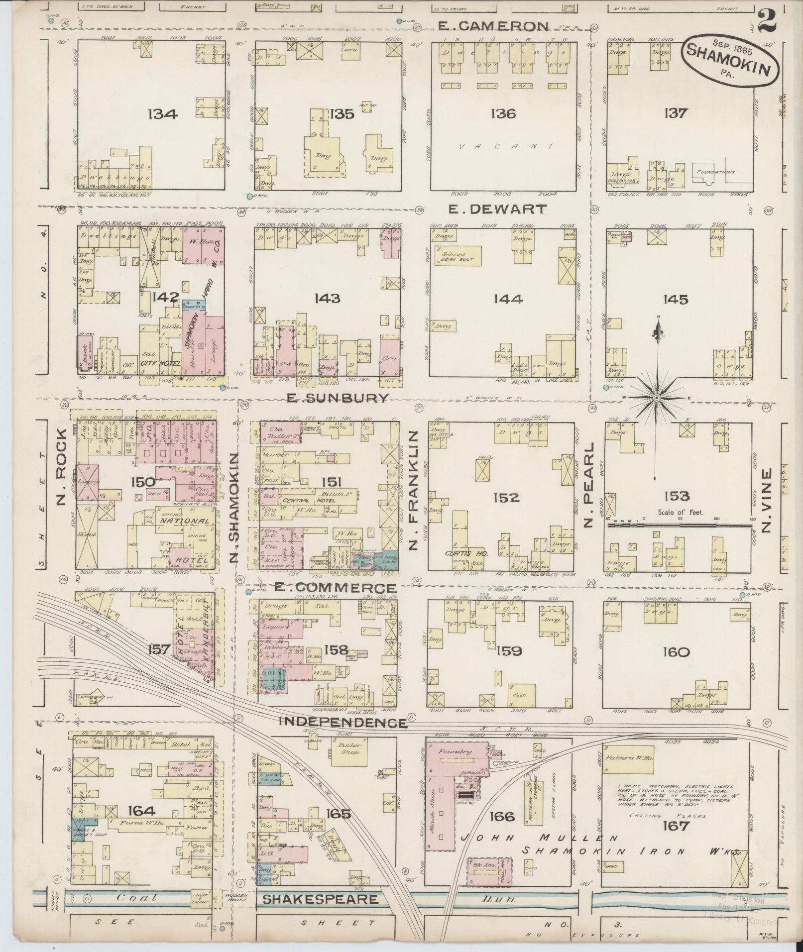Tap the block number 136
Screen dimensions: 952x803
[x=502, y=113]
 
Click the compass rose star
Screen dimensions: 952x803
[x=656, y=398]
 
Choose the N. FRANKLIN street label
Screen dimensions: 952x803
[x=414, y=491]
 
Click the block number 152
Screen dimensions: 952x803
[x=506, y=497]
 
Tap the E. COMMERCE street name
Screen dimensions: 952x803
[x=335, y=588]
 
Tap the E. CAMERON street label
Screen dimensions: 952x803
[x=492, y=26]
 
